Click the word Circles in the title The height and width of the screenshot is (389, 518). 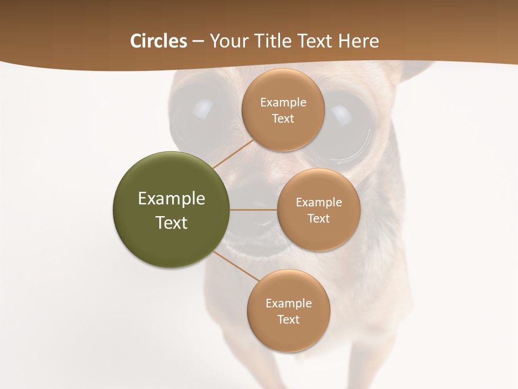159,41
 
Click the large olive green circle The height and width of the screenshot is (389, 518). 172,210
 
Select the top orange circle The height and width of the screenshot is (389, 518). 283,110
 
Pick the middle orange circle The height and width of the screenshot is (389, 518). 318,210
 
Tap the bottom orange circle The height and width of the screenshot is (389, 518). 288,311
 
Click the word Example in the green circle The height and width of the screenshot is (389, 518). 172,199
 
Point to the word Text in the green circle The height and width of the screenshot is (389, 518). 172,223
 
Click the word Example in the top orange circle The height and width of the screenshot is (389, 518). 283,103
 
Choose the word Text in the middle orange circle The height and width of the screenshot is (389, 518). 318,218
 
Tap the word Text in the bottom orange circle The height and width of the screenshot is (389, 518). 288,319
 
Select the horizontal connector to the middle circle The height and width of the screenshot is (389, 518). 253,210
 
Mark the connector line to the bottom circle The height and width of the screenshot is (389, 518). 235,266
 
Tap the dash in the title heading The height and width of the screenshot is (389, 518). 197,42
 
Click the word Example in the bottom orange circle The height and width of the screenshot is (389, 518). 288,303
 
